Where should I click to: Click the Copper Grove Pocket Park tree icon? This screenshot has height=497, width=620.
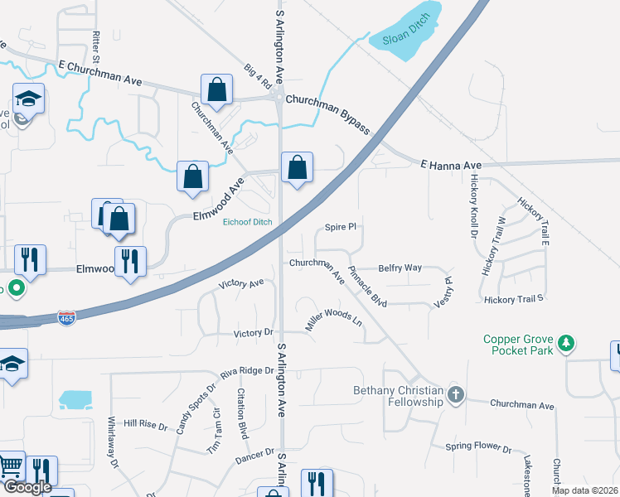[567, 342]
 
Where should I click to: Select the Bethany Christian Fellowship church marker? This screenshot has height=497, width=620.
[455, 394]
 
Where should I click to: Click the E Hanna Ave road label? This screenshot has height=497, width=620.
[450, 165]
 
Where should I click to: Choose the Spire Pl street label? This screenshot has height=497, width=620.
[340, 226]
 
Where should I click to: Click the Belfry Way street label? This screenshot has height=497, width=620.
[400, 268]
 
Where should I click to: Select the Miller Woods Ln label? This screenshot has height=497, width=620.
[334, 321]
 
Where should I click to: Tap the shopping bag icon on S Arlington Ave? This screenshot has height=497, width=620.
[297, 168]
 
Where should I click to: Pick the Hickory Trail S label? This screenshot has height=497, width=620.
[514, 298]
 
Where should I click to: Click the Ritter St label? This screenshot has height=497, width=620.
[97, 48]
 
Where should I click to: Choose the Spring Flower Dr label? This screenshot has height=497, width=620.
[478, 447]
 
